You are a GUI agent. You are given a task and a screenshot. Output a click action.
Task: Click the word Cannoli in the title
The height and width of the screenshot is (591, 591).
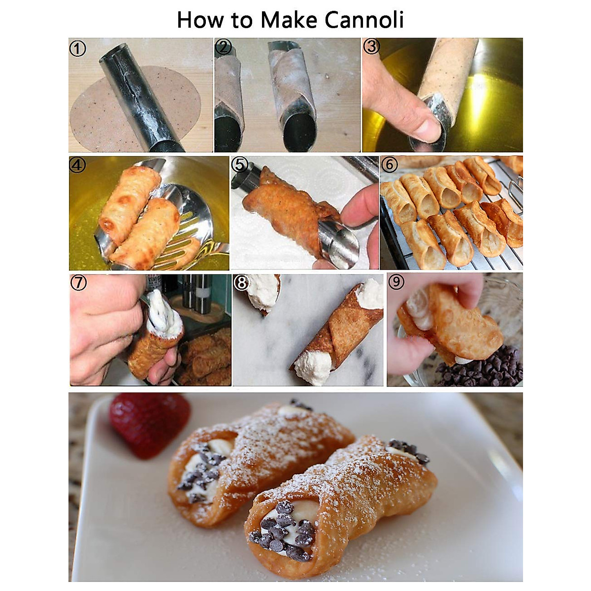tap(364, 20)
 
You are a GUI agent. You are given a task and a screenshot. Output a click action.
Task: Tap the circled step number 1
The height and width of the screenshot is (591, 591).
tap(78, 48)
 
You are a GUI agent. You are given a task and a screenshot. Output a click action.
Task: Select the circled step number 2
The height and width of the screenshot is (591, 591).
tap(223, 47)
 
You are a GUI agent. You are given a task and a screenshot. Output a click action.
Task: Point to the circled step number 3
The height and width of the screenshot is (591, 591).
tap(371, 46)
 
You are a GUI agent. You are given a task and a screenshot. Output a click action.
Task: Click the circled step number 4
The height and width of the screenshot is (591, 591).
tap(78, 165)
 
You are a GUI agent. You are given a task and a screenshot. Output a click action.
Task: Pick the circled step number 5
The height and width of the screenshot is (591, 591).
tap(240, 164)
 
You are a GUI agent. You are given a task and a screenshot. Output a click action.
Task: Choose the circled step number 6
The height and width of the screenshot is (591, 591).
tap(389, 164)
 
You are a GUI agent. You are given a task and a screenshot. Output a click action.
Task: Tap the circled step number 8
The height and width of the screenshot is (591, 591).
tap(242, 282)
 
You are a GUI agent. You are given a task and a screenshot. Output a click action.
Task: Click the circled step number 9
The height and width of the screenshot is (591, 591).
tap(396, 282)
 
